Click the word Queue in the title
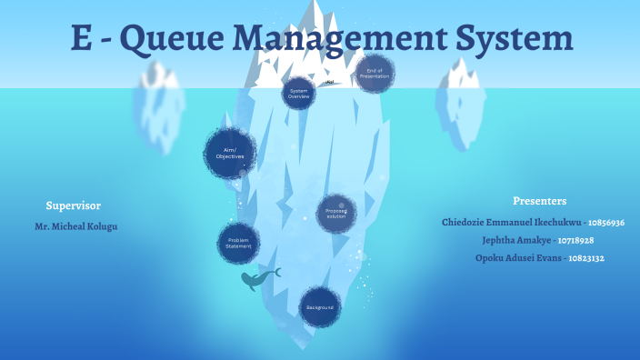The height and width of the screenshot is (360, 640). point(172,38)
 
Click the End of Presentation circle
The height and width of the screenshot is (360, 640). point(375,74)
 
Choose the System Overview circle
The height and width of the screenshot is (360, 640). point(298,93)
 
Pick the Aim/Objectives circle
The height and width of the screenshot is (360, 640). point(230,154)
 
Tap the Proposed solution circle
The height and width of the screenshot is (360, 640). point(336,214)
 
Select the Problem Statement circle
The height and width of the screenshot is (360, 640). point(238,243)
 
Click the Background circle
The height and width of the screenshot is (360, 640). point(320,307)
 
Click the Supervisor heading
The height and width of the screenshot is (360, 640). point(73,205)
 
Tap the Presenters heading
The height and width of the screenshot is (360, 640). point(539,201)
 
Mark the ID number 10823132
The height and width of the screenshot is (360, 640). point(587,258)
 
